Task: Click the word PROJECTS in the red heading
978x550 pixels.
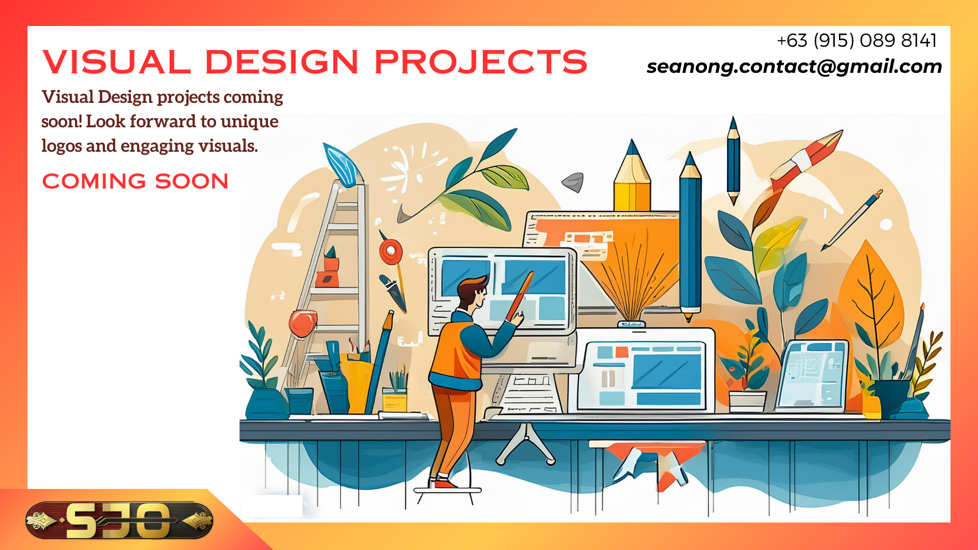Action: [481, 62]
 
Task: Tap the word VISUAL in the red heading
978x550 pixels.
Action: [117, 62]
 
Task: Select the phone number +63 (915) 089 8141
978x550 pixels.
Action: [857, 41]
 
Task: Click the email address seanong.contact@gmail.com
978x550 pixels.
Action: [794, 67]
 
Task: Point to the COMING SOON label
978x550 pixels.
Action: [135, 181]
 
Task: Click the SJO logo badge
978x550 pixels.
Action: [119, 520]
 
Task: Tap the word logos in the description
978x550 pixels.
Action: [61, 147]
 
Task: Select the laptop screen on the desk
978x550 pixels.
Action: [812, 375]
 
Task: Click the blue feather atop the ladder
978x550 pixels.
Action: [343, 164]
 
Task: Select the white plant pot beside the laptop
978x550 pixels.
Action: [747, 401]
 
